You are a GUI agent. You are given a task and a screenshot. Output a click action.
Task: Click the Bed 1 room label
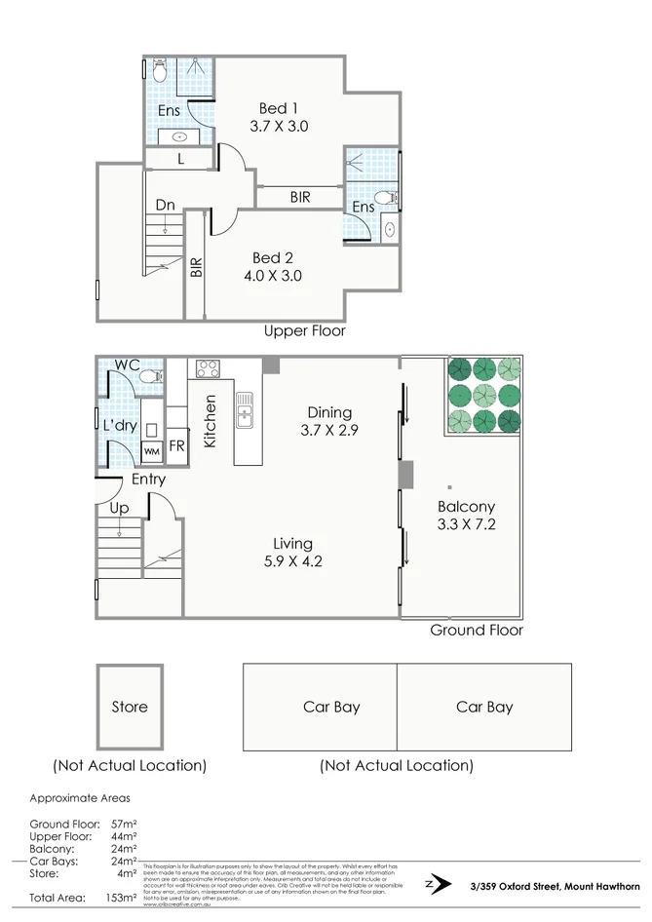click(x=279, y=108)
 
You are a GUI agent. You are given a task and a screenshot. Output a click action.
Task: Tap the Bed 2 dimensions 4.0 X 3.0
click(x=278, y=276)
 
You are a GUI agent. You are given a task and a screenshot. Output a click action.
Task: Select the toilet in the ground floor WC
click(x=150, y=375)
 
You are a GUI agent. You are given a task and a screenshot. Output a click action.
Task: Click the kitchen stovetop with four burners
click(x=208, y=368)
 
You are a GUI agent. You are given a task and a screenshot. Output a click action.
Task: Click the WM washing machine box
click(x=152, y=451)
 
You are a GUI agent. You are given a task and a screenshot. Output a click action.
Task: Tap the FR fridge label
click(x=177, y=445)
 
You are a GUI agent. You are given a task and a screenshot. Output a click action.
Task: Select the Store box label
click(x=130, y=708)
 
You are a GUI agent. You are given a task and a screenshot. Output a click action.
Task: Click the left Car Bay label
click(x=331, y=708)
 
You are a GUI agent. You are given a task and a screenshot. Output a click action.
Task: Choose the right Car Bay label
click(x=484, y=708)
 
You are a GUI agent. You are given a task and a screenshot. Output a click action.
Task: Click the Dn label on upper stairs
click(x=165, y=206)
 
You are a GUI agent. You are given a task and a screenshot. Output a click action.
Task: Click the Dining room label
click(x=329, y=412)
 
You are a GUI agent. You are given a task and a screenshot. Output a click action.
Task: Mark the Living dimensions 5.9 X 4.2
click(x=292, y=561)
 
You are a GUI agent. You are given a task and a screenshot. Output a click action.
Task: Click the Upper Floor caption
click(x=305, y=331)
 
